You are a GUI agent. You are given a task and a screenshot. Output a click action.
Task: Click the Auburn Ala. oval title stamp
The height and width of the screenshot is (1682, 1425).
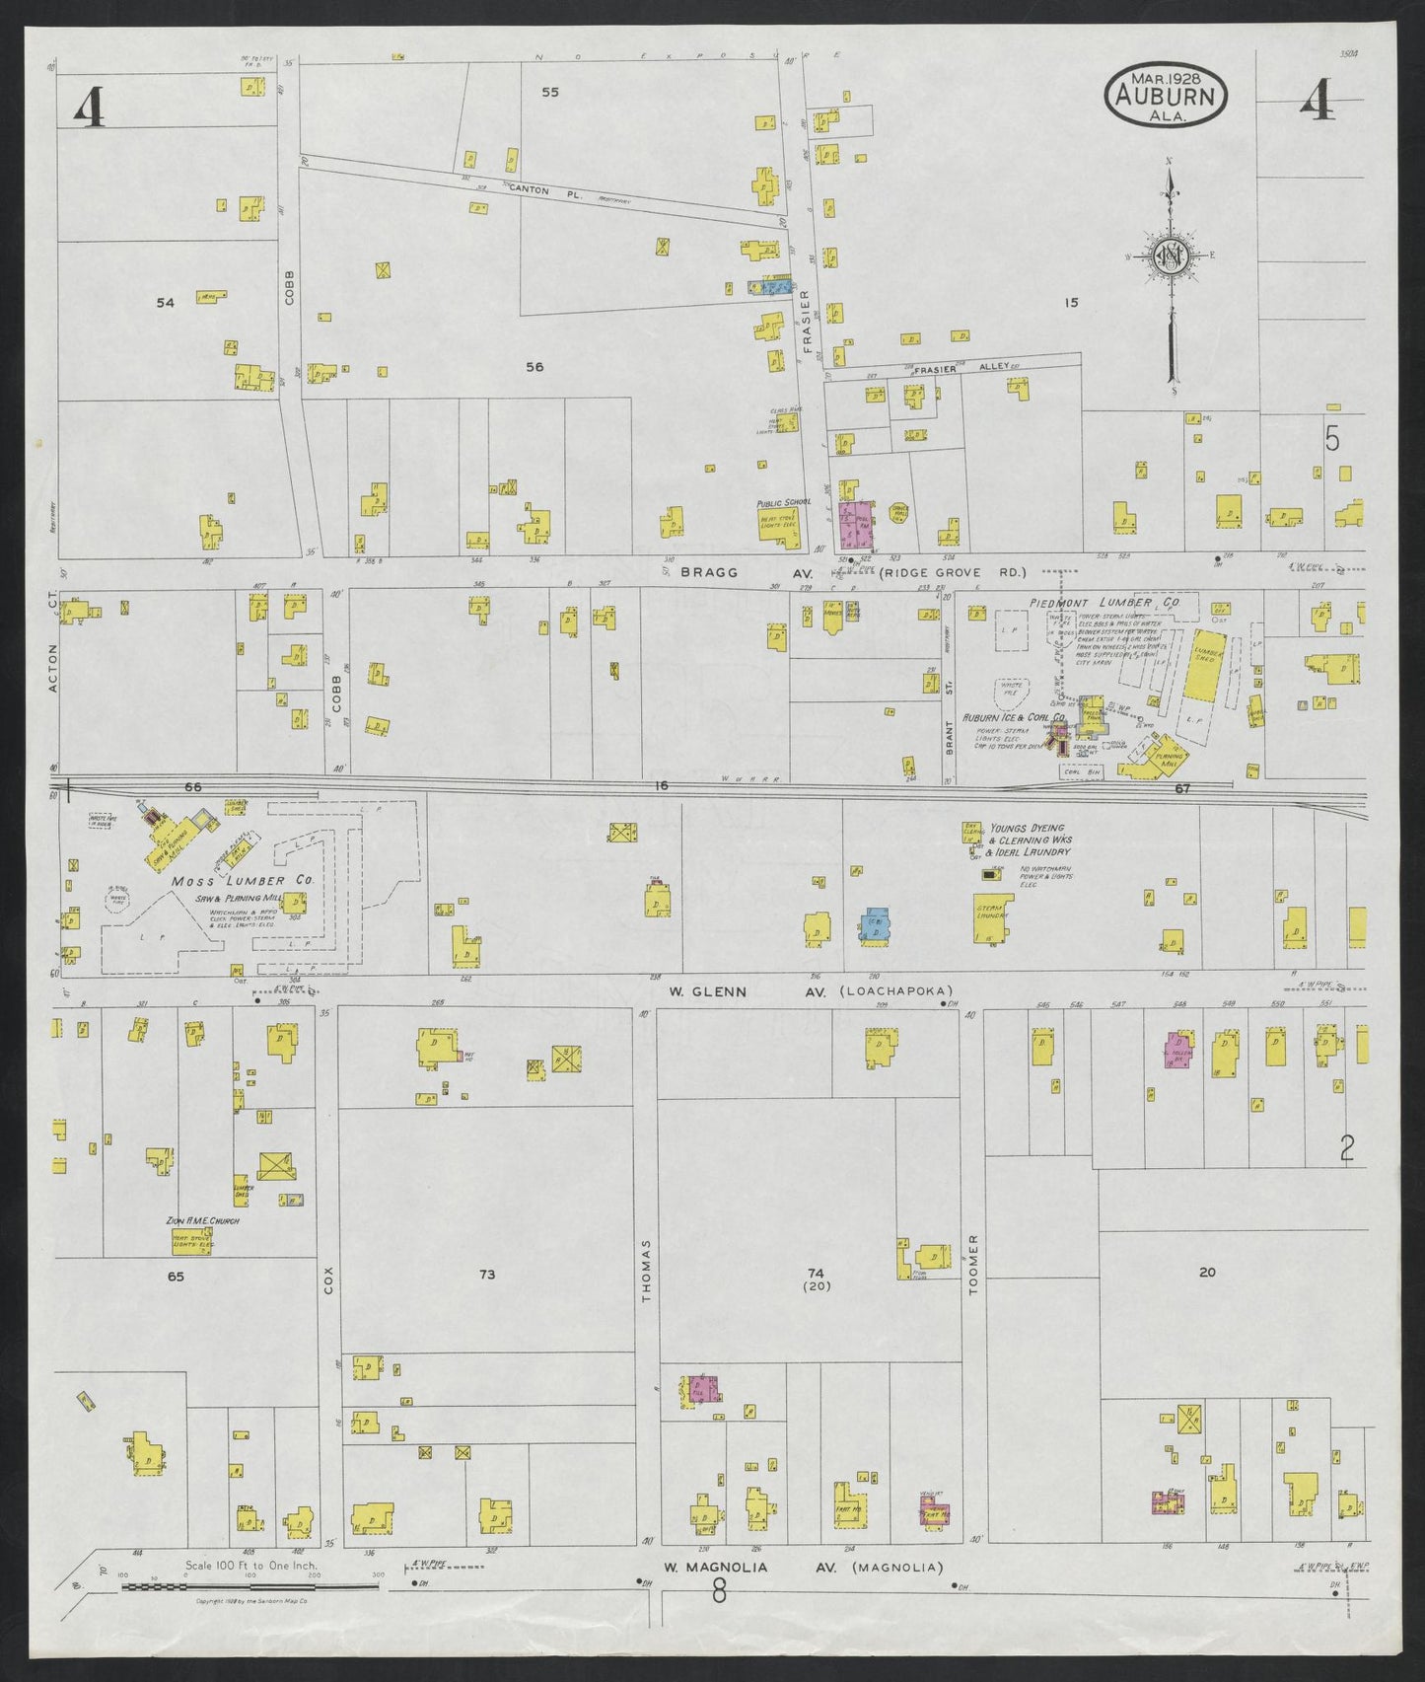[x=1165, y=96]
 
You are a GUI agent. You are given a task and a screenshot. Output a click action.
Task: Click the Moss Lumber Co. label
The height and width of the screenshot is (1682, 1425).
[x=243, y=881]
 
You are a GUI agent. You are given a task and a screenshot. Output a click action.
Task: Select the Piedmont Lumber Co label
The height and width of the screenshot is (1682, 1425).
[x=1104, y=602]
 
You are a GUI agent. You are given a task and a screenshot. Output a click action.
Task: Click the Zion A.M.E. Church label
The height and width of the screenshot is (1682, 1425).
[x=203, y=1221]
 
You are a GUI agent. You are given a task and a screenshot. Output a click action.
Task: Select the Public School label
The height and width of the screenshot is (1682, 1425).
[x=784, y=501]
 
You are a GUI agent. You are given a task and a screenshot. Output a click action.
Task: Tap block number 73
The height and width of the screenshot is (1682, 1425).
[x=486, y=1275]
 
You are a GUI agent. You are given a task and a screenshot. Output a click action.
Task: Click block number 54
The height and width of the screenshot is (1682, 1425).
[x=166, y=303]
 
